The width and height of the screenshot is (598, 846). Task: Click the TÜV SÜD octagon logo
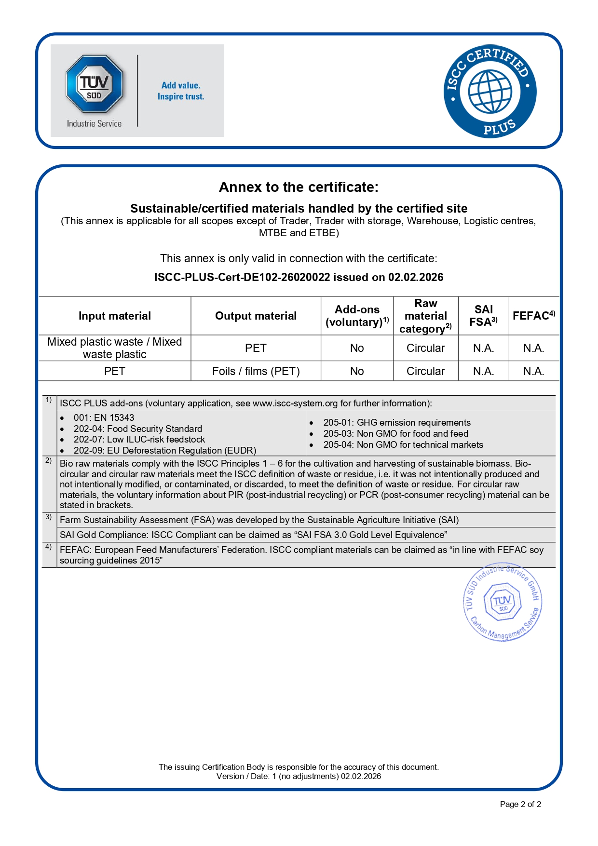(x=95, y=84)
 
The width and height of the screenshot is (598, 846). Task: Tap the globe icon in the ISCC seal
(x=490, y=91)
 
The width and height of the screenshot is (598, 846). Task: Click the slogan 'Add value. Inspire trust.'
(x=181, y=91)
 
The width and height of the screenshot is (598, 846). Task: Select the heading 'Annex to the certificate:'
(x=299, y=187)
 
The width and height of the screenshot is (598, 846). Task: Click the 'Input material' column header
(x=115, y=316)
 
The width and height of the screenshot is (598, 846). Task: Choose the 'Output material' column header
(x=256, y=316)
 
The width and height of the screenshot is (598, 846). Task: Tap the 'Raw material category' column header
(x=426, y=316)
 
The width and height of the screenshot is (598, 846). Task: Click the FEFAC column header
(x=533, y=316)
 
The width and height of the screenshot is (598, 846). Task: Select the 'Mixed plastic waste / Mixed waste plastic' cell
(x=115, y=348)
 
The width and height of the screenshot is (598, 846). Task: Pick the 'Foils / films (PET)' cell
(x=256, y=371)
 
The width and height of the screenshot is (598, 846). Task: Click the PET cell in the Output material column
(x=256, y=348)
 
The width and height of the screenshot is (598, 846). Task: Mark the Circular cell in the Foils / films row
(x=425, y=371)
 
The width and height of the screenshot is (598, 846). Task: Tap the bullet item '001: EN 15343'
(x=104, y=418)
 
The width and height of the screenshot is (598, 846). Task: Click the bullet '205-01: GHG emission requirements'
(x=397, y=423)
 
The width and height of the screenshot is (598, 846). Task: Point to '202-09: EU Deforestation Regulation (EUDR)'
(x=164, y=451)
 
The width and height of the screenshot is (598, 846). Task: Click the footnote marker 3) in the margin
(x=49, y=517)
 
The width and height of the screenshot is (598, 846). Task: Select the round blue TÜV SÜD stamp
(x=503, y=602)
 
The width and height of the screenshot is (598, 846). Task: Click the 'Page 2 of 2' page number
(x=520, y=804)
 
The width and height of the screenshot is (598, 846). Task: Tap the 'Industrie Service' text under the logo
(x=94, y=124)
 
